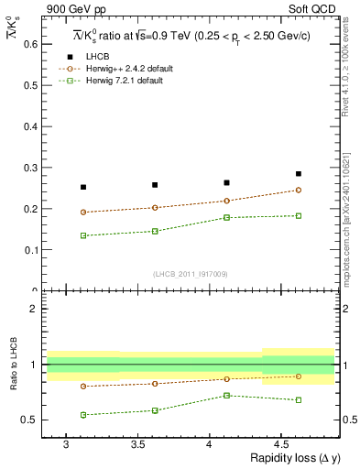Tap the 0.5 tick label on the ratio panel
pos(28,420)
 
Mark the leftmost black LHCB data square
pos(83,187)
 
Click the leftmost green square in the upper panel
pos(83,235)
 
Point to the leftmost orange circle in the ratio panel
pos(83,386)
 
